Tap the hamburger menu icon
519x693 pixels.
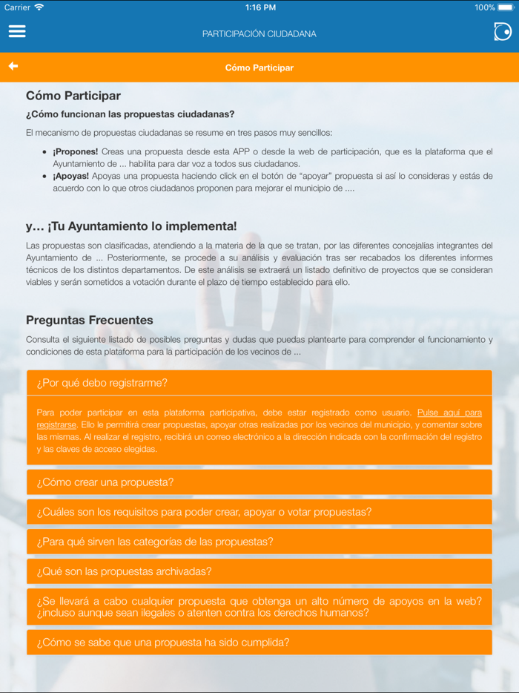[17, 31]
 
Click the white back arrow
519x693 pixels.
[13, 66]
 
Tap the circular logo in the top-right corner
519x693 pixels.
[502, 31]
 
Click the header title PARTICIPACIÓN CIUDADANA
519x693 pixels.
[259, 34]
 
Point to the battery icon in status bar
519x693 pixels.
[506, 7]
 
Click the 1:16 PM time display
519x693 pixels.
[259, 7]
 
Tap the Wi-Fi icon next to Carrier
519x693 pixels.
[39, 7]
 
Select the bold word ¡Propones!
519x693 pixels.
[75, 151]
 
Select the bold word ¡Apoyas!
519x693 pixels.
[70, 176]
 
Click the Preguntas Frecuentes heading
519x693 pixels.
[90, 321]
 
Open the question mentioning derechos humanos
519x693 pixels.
[259, 607]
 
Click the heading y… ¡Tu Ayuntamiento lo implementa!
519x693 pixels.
[131, 226]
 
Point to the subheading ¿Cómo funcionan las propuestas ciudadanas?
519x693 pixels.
[130, 114]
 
